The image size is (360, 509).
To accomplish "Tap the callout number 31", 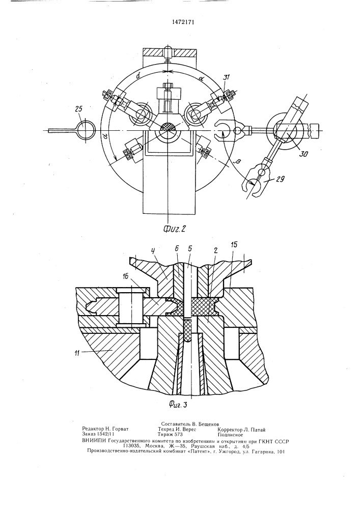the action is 226,77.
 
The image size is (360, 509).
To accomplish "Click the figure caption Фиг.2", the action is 175,229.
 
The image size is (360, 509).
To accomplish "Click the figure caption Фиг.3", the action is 178,404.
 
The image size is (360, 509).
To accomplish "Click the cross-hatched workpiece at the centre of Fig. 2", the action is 168,126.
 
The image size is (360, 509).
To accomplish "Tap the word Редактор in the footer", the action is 92,429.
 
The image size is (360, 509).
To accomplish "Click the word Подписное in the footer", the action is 230,435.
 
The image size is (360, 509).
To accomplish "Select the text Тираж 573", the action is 170,434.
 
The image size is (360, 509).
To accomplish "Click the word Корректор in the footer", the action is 230,430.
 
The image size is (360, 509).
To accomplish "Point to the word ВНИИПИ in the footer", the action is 94,441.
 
